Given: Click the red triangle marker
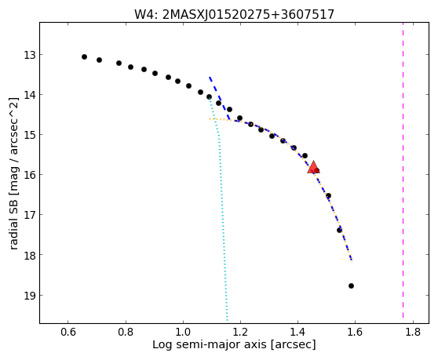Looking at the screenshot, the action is point(313,167).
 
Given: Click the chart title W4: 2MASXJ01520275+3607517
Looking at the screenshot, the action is point(234,15).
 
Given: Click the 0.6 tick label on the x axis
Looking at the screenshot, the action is point(68,333).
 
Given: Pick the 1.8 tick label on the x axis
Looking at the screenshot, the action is point(413,333).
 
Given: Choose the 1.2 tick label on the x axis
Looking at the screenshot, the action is point(240,333).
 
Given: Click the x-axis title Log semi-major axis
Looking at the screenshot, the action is point(210,344).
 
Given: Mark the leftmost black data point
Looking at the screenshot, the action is point(84,57).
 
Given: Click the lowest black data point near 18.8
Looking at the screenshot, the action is point(351,285).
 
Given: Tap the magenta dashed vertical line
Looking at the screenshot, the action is point(403,170).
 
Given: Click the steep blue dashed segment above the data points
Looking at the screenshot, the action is point(219,98).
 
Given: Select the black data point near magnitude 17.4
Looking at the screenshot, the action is point(339,231).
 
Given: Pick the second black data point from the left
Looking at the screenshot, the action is point(99,60).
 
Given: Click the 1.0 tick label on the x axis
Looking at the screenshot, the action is point(183,333).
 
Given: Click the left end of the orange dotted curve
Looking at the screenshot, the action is point(210,119).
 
